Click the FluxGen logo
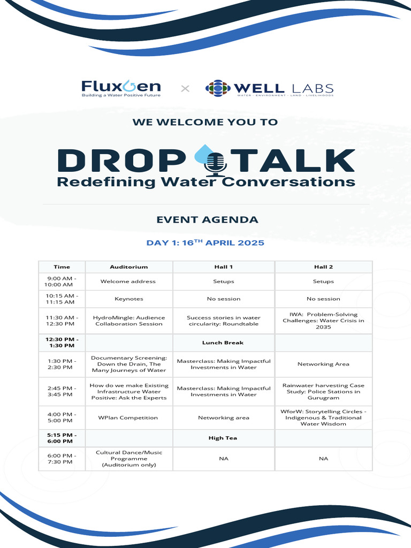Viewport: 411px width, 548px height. (121, 88)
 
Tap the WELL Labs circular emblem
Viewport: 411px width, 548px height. (217, 89)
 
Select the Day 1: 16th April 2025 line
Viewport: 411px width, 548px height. (205, 242)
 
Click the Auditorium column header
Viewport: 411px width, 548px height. (128, 267)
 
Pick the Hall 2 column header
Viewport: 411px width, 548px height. (323, 267)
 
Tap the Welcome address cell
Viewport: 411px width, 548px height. (128, 281)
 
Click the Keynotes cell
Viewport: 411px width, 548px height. (128, 299)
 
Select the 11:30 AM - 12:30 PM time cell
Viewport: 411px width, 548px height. (62, 321)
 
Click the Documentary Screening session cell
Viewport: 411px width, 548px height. (128, 364)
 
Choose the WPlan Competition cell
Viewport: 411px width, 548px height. (128, 417)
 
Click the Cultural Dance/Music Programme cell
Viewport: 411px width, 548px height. (128, 459)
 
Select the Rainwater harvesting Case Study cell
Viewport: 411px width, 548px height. (323, 391)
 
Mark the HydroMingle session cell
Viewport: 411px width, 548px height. (128, 321)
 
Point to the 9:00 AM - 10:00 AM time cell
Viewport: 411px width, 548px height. (62, 281)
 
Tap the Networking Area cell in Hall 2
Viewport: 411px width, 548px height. (323, 364)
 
